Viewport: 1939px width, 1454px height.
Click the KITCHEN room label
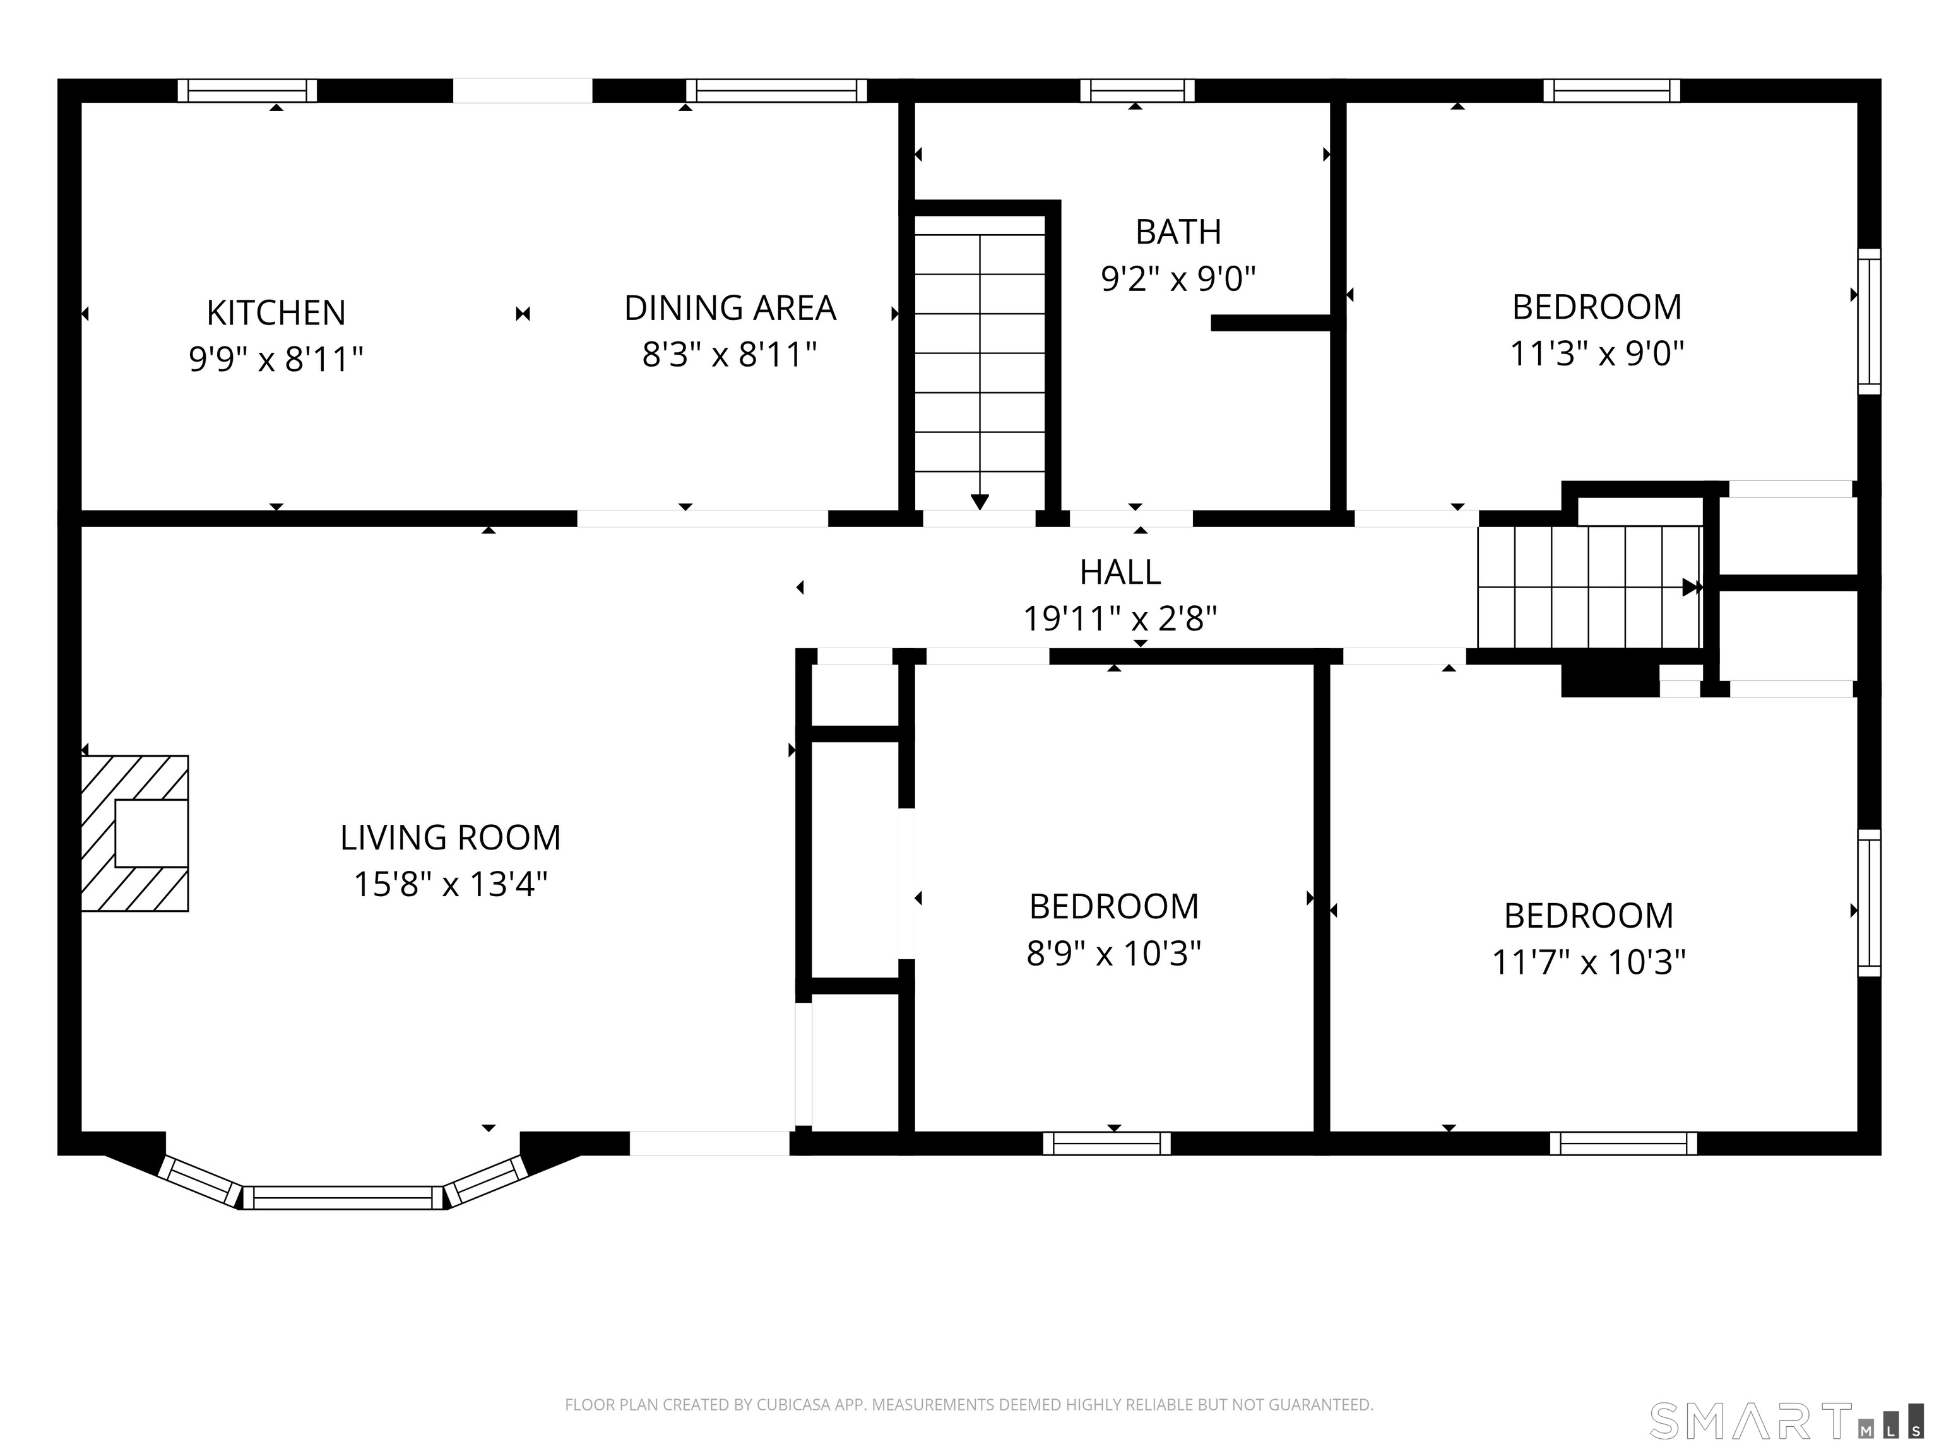[276, 313]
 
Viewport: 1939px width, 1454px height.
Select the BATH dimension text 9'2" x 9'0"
[1178, 279]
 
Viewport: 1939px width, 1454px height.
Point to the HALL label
[1120, 572]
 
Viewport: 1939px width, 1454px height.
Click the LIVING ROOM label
[451, 838]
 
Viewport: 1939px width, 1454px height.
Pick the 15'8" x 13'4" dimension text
[451, 884]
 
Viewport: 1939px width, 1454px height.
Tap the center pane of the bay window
[343, 1198]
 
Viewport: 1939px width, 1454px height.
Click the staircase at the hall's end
[1590, 586]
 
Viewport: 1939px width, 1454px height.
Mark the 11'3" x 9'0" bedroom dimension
[1597, 354]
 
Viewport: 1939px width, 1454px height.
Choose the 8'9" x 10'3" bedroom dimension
[1113, 954]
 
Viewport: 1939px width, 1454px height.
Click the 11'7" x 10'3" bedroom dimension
[1588, 962]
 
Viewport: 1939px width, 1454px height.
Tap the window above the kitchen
[247, 90]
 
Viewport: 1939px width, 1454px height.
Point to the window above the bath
[1137, 90]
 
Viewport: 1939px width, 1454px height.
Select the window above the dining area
[776, 90]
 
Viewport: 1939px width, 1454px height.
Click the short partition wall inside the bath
[1271, 322]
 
